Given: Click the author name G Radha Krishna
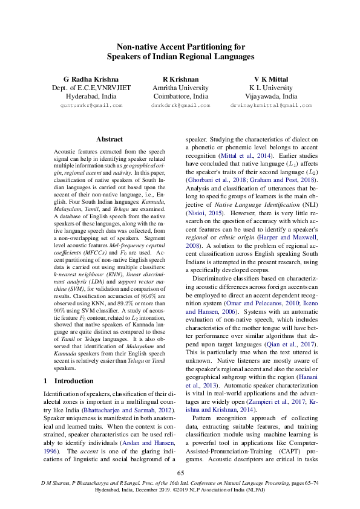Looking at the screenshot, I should [x=91, y=79].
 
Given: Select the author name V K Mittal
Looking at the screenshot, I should [x=270, y=79].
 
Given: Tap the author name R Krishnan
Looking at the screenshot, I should [x=180, y=79].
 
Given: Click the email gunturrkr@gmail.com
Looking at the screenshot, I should [x=91, y=105].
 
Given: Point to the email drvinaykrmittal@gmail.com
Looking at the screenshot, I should [x=270, y=105].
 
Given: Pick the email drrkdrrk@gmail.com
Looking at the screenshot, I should [x=180, y=105].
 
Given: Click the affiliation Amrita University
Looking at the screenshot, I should [x=180, y=88].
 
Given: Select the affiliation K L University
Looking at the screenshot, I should [x=270, y=88].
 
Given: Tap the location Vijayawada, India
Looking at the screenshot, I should [x=270, y=96].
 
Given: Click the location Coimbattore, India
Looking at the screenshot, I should [x=180, y=96].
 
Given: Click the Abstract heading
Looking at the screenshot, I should [x=110, y=139].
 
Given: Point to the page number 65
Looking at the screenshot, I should [x=180, y=473].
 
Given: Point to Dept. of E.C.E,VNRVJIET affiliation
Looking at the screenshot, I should [x=91, y=88].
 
